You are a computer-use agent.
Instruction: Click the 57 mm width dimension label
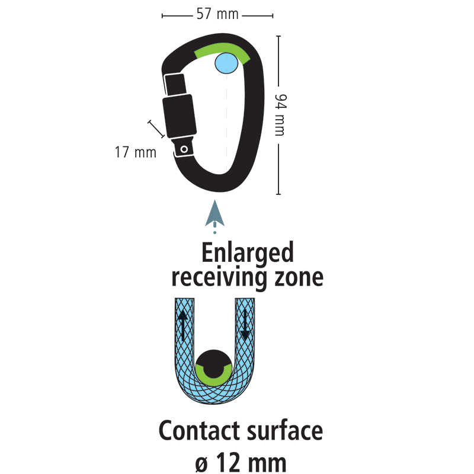217,14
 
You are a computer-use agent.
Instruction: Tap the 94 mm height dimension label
280,115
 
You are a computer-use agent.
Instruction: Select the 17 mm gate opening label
136,152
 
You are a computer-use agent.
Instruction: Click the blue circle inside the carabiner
226,63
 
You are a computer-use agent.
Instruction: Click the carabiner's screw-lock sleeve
180,116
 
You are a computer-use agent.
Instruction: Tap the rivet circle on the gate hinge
184,149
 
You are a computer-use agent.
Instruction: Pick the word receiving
219,278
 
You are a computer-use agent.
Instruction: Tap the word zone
299,278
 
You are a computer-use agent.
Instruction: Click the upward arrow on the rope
182,325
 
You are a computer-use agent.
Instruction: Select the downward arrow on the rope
245,324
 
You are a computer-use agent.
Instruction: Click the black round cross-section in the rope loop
214,363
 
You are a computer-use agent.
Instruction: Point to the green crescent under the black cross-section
214,379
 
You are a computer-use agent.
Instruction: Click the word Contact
199,431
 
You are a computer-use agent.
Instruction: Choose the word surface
285,431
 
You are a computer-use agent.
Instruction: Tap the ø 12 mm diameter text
241,463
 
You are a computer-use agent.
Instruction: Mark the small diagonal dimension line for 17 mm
156,129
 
